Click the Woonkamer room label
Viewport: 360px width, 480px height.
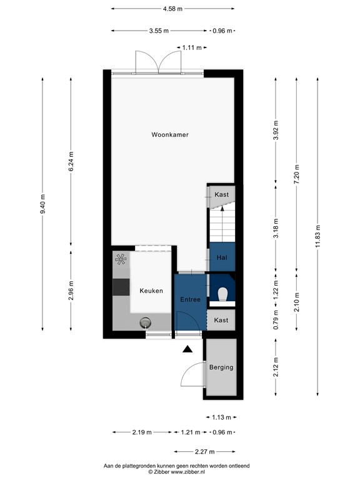[169, 134]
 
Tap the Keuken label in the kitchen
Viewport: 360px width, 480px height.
[151, 291]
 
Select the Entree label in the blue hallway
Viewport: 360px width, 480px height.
[190, 299]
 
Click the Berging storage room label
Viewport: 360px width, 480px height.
[221, 367]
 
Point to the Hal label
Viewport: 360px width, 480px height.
[221, 257]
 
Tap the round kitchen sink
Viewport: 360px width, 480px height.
[146, 322]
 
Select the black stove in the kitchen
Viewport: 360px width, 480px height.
[120, 287]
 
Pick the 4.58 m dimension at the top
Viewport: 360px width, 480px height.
[172, 9]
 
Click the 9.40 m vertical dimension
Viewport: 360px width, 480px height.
[43, 204]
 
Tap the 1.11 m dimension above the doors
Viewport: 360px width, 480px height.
[190, 47]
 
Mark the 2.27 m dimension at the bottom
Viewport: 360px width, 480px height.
[204, 451]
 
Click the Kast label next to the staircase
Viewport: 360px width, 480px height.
[221, 194]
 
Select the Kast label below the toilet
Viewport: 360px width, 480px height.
[221, 320]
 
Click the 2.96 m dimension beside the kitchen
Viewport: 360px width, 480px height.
[71, 291]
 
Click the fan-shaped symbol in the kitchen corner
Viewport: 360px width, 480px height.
[120, 259]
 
